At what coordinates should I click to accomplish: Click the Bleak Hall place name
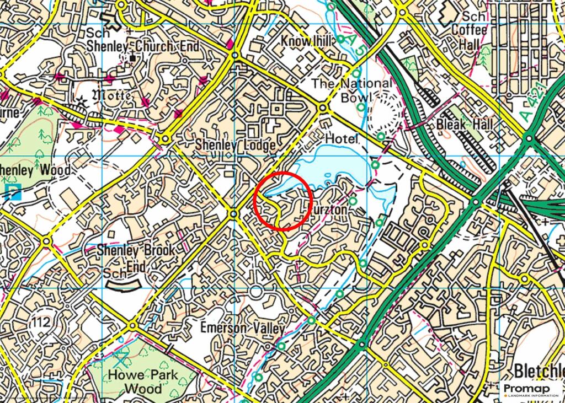coord(464,124)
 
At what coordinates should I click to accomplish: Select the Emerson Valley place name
coord(242,328)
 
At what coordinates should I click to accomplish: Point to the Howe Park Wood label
coord(143,381)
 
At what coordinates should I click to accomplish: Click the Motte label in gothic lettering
coord(114,95)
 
